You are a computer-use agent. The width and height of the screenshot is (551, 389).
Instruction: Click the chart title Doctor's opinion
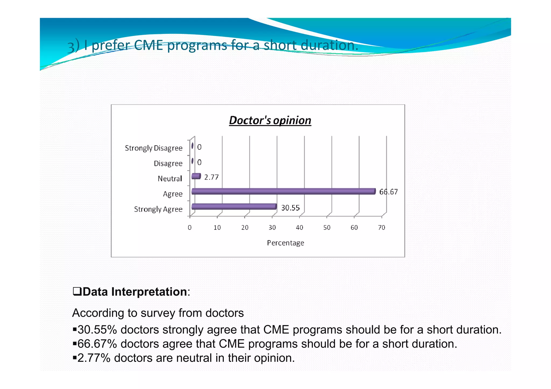click(x=270, y=120)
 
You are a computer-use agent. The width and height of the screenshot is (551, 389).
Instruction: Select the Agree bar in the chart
click(x=283, y=191)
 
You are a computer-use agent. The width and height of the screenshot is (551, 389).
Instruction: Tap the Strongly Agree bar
click(x=234, y=206)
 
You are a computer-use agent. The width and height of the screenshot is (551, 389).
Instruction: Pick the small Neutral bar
click(x=196, y=176)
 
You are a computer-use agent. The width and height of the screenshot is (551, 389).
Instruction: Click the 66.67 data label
click(x=388, y=192)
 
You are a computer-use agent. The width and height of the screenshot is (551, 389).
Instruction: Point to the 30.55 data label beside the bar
click(x=290, y=208)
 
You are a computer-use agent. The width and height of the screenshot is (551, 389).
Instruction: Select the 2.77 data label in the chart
click(x=211, y=177)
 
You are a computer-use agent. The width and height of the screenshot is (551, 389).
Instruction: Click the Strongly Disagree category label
click(x=154, y=148)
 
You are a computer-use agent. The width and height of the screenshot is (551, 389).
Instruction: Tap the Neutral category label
click(x=170, y=179)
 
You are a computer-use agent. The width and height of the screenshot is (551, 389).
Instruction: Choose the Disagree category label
click(x=168, y=163)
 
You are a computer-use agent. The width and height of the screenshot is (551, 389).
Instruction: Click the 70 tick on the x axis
click(x=381, y=227)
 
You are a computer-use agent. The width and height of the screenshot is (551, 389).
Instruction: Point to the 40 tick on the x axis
click(x=299, y=227)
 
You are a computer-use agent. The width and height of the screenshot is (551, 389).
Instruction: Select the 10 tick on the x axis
click(x=217, y=227)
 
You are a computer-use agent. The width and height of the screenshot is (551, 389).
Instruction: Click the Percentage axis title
click(x=285, y=243)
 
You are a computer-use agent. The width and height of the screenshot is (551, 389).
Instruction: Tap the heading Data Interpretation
click(x=135, y=292)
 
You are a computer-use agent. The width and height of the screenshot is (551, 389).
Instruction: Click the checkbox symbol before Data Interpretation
click(x=77, y=291)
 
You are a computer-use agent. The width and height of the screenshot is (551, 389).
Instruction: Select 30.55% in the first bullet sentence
click(x=97, y=330)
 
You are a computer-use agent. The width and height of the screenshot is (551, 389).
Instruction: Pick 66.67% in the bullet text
click(x=97, y=344)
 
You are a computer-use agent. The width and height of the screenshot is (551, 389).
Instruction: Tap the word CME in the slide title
click(x=148, y=45)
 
